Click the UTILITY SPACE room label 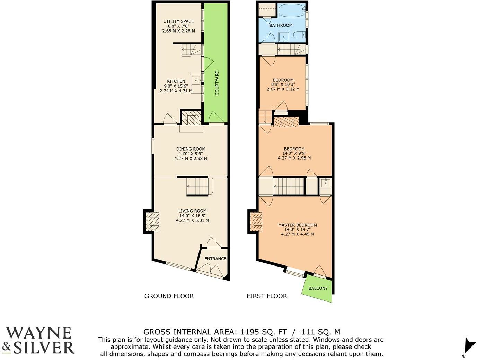coord(178,21)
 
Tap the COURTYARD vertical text coord(217,83)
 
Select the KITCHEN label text coord(176,81)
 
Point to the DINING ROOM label coord(191,149)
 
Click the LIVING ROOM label coord(192,211)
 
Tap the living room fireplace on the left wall coord(152,221)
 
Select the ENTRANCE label coord(215,259)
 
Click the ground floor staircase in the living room coord(198,186)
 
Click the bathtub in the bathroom coord(292,11)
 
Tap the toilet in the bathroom coord(298,35)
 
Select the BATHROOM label coord(281,25)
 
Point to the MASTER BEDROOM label coord(297,225)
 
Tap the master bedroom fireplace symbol coord(256,221)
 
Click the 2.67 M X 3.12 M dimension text coord(283,89)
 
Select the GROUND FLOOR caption coord(169,296)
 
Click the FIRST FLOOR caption coord(267,296)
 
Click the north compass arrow coord(469,345)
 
